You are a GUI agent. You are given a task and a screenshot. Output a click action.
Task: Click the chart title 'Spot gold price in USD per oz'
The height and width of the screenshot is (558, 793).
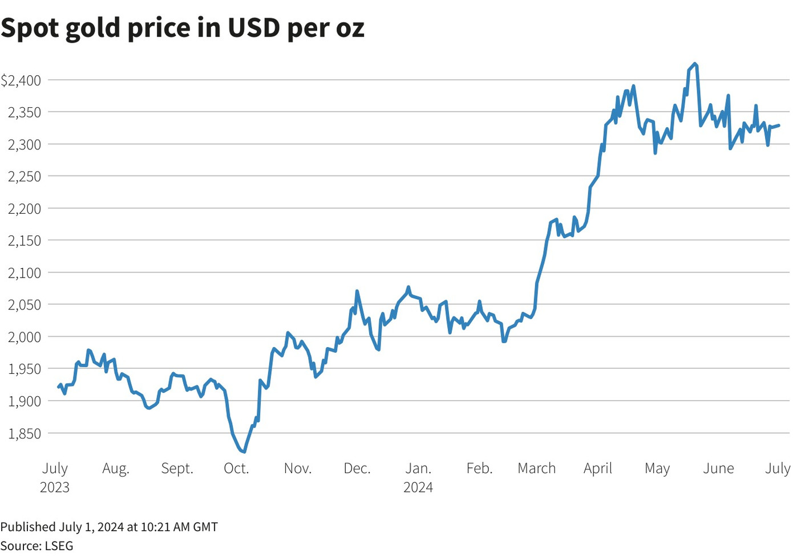point(183,27)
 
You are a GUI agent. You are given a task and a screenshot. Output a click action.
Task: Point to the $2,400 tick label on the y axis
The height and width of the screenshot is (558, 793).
point(21,80)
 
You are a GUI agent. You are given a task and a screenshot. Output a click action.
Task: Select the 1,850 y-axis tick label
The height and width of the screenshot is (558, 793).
point(25,433)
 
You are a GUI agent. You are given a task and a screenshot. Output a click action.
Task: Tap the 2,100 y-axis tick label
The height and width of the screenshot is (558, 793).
point(25,273)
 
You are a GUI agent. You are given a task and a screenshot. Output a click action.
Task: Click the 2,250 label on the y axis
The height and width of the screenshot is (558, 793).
point(25,177)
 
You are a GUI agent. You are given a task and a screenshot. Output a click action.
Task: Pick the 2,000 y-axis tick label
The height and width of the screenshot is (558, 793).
point(25,337)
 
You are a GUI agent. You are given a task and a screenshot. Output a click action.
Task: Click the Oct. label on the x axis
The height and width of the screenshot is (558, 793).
point(236,469)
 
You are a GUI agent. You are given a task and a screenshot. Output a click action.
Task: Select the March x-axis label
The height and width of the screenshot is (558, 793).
point(536,469)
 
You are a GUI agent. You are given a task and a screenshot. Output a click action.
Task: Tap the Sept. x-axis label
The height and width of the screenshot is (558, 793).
point(177,469)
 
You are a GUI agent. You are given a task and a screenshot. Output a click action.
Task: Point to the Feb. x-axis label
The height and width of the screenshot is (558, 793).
point(479,469)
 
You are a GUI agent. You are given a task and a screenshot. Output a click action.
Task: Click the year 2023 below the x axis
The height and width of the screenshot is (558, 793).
point(55,487)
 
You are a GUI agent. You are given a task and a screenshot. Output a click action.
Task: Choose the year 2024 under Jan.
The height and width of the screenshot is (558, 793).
point(418,487)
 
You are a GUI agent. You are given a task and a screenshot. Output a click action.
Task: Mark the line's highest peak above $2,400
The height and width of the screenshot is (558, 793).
point(694,64)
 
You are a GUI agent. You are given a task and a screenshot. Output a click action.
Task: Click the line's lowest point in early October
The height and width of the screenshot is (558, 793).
point(244,451)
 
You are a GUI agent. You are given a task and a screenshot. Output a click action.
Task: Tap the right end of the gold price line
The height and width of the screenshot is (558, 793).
point(779,125)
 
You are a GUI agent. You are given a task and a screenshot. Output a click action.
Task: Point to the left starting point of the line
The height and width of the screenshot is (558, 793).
point(59,387)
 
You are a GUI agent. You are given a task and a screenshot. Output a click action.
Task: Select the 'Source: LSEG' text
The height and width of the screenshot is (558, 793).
point(37,545)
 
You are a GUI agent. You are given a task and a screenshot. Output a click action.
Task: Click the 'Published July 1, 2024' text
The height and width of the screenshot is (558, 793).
point(109,527)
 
